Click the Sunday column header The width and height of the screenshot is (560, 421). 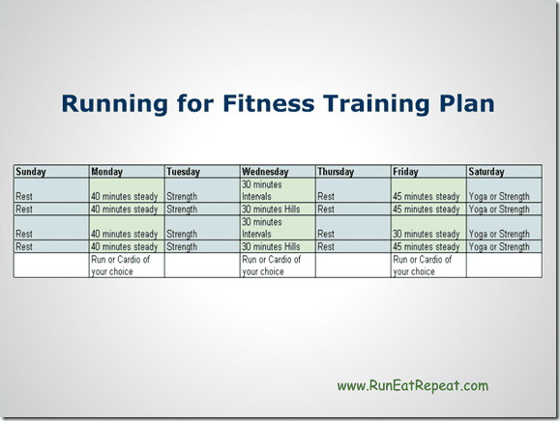pyautogui.click(x=31, y=172)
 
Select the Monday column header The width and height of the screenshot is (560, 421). pyautogui.click(x=106, y=172)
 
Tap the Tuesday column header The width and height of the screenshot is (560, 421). pyautogui.click(x=183, y=172)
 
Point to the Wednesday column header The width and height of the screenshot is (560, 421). pyautogui.click(x=265, y=172)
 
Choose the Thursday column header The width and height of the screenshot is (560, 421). pyautogui.click(x=336, y=172)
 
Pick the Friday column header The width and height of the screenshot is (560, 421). pyautogui.click(x=405, y=172)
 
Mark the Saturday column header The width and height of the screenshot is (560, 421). pyautogui.click(x=486, y=172)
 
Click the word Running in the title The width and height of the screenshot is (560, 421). pyautogui.click(x=115, y=104)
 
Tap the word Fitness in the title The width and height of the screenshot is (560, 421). pyautogui.click(x=269, y=103)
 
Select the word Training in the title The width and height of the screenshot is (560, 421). pyautogui.click(x=376, y=104)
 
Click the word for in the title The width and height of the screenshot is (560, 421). pyautogui.click(x=195, y=103)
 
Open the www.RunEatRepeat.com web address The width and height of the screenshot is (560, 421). pyautogui.click(x=413, y=385)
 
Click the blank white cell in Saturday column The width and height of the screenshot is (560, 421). pyautogui.click(x=504, y=266)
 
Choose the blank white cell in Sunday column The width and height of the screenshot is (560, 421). pyautogui.click(x=51, y=266)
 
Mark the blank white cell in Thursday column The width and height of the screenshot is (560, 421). pyautogui.click(x=353, y=266)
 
